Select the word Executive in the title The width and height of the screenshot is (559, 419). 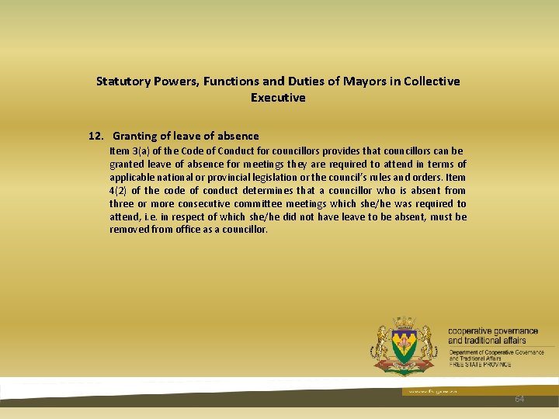278,98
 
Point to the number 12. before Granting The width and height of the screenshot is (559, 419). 97,136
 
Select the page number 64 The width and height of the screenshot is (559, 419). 519,398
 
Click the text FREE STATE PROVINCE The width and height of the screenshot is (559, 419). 480,364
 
